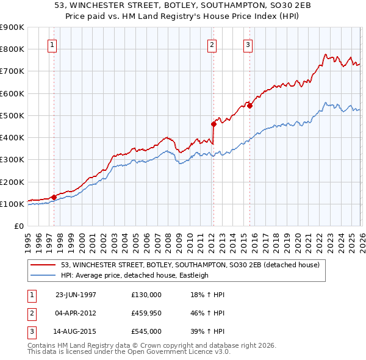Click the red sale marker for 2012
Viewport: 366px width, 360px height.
pyautogui.click(x=213, y=124)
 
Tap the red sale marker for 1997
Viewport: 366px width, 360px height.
pyautogui.click(x=54, y=197)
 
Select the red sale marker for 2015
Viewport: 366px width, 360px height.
pyautogui.click(x=249, y=106)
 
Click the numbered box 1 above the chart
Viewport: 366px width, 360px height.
pyautogui.click(x=52, y=44)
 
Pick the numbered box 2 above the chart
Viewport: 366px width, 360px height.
pyautogui.click(x=212, y=44)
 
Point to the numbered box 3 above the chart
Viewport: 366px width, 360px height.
pyautogui.click(x=248, y=44)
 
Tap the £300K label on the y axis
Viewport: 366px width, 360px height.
pyautogui.click(x=12, y=160)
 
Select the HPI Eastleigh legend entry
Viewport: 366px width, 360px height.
pyautogui.click(x=135, y=275)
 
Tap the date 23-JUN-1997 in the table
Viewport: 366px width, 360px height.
pyautogui.click(x=76, y=294)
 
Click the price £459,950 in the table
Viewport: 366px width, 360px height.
pyautogui.click(x=146, y=313)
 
